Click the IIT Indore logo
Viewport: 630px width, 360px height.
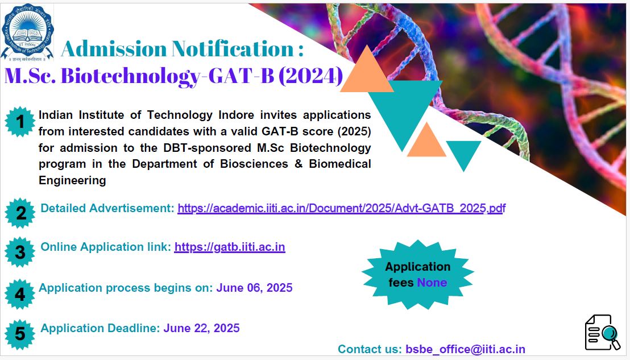click(x=27, y=32)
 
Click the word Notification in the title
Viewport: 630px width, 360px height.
click(x=234, y=48)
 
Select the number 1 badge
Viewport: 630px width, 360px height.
click(x=20, y=122)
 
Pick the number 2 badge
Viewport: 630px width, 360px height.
click(x=20, y=213)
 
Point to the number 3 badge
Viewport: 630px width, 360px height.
click(x=20, y=252)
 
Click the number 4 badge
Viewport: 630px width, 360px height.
click(x=20, y=294)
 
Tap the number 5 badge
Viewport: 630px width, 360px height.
click(x=20, y=334)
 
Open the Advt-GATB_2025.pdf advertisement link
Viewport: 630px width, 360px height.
click(x=342, y=208)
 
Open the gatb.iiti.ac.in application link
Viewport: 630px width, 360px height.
click(x=230, y=247)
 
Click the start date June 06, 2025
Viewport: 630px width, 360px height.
click(x=254, y=288)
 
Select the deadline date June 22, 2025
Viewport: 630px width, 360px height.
click(x=201, y=328)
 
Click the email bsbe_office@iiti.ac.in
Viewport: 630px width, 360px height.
click(x=465, y=349)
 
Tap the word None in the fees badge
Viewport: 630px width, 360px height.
click(x=432, y=283)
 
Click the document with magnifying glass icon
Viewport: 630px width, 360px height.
click(x=602, y=332)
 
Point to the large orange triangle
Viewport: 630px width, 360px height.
click(x=366, y=69)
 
